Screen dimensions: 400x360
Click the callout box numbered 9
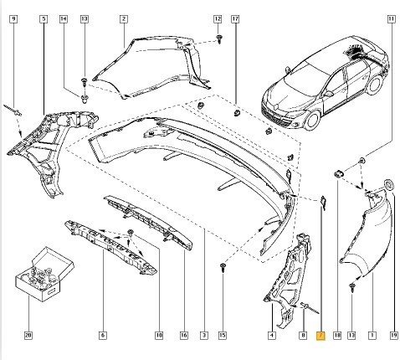coord(13,19)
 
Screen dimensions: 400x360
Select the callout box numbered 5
coord(44,19)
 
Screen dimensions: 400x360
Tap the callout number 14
coord(64,19)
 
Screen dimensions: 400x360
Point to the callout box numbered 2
coord(124,19)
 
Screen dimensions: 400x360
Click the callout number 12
coord(218,19)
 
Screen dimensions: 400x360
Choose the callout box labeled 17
coord(235,19)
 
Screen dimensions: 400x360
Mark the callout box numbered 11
coord(392,19)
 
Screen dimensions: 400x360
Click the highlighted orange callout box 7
coord(321,335)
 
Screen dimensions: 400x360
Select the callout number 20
coord(28,335)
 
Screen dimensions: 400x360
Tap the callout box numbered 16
coord(184,335)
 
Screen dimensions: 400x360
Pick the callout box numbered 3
coord(204,335)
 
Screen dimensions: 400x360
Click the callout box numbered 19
coord(393,335)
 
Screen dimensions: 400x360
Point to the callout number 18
coord(337,335)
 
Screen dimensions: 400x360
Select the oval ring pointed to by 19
coord(388,185)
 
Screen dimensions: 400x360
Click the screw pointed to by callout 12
coord(220,39)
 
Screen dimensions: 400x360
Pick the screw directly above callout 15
coord(223,267)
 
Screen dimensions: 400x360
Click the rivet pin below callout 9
coord(13,111)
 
